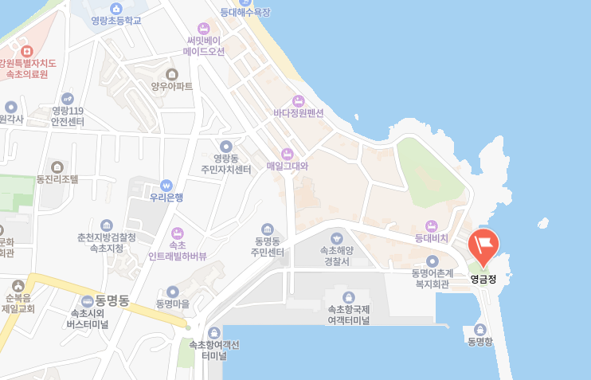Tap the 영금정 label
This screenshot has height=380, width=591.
(483, 279)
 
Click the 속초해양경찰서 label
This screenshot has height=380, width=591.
(335, 255)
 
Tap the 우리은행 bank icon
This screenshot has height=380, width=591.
(166, 184)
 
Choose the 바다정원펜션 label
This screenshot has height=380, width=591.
(298, 113)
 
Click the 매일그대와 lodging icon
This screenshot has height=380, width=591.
(287, 153)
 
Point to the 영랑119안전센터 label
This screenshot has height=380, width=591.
(68, 116)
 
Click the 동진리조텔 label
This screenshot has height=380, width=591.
(57, 179)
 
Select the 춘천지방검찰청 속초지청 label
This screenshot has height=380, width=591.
(106, 243)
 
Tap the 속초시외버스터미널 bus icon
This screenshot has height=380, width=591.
(87, 300)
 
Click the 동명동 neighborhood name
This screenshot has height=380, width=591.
(112, 300)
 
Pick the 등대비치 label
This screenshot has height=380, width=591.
(432, 237)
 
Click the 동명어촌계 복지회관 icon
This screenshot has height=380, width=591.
(432, 261)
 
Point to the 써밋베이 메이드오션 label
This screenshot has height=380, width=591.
(204, 45)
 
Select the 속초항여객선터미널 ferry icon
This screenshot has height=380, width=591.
(213, 332)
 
